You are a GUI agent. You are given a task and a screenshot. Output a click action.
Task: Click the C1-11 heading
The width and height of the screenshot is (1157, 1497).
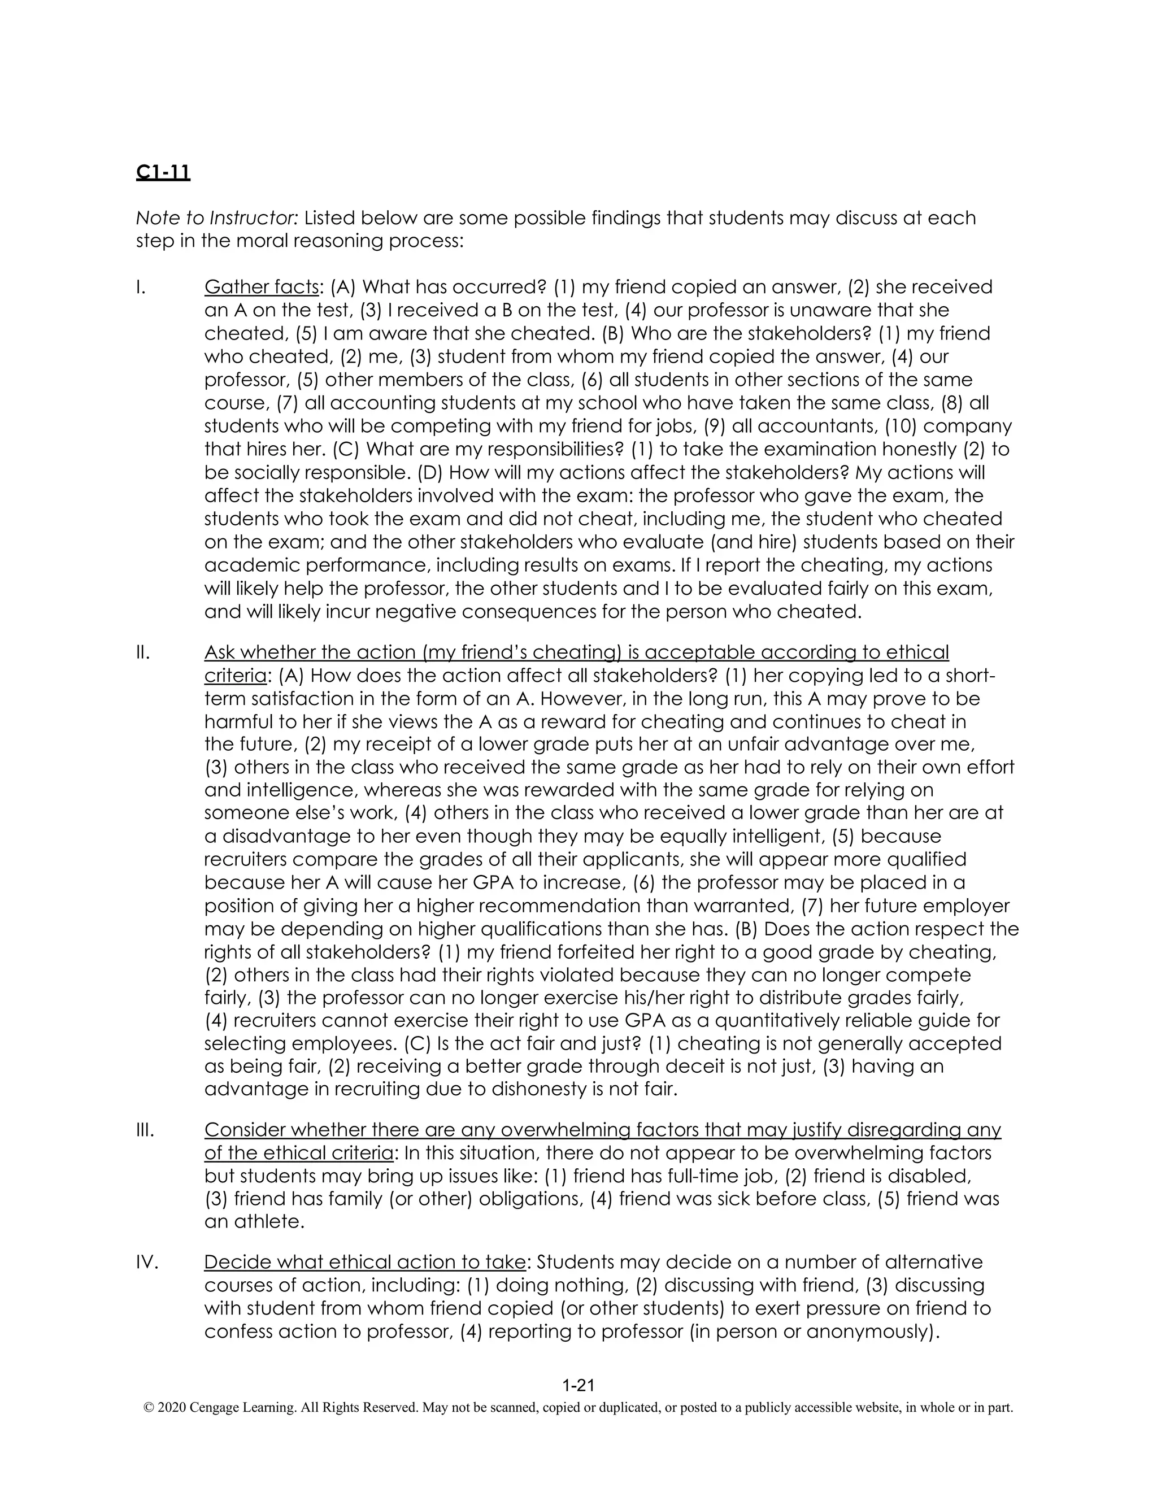(x=163, y=172)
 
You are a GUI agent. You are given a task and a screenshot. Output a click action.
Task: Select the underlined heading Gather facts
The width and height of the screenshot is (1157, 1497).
(x=261, y=286)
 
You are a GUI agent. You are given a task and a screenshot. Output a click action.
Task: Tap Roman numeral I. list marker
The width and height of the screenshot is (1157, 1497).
(x=141, y=286)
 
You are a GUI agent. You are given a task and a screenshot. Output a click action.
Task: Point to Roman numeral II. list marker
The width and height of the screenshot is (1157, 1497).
(x=142, y=652)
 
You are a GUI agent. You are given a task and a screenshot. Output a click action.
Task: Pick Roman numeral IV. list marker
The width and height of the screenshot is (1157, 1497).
(x=147, y=1262)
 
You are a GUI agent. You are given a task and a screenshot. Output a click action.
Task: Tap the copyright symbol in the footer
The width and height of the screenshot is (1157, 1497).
(x=148, y=1408)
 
